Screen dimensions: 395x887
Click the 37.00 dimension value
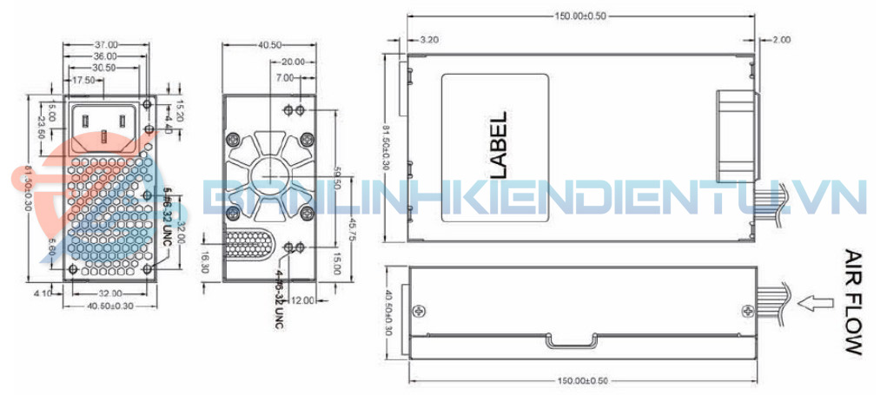107,43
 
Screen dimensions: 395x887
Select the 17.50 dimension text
84,80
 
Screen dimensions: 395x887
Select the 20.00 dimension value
292,62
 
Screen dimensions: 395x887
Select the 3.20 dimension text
428,40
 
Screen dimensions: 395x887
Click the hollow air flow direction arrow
813,303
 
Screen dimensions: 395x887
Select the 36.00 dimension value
107,56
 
